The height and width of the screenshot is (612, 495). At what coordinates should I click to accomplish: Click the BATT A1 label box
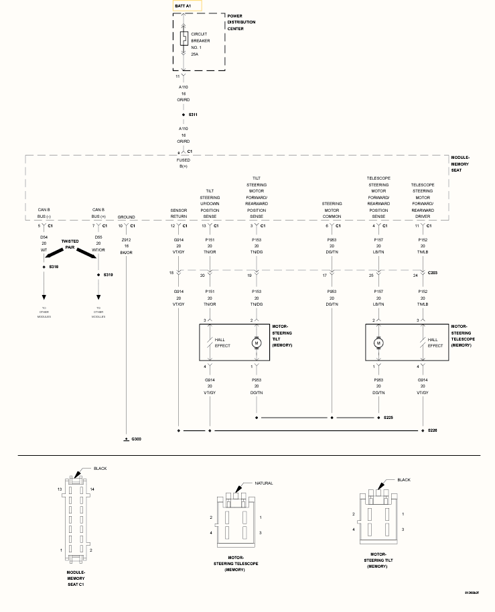(x=187, y=5)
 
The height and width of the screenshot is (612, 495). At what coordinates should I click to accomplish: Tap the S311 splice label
(x=192, y=115)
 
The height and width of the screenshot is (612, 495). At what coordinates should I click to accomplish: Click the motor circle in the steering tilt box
(x=256, y=343)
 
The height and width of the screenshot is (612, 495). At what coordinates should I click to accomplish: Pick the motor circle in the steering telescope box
(x=378, y=343)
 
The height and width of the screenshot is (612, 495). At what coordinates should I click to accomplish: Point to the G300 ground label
(x=137, y=439)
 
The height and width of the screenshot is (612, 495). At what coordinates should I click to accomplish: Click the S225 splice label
(x=388, y=418)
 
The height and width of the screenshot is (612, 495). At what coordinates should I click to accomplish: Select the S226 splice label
(x=433, y=428)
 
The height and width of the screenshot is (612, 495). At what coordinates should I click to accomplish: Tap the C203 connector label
(x=433, y=273)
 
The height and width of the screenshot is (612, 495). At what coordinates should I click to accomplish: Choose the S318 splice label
(x=54, y=266)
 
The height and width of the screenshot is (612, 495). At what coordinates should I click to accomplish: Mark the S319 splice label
(x=109, y=275)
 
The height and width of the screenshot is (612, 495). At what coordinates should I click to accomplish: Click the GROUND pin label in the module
(x=126, y=217)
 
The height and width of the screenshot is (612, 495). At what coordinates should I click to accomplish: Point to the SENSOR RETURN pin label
(x=179, y=214)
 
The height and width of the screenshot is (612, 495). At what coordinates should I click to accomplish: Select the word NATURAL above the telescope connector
(x=263, y=483)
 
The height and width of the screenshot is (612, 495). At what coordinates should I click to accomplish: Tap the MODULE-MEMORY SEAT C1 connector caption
(x=76, y=578)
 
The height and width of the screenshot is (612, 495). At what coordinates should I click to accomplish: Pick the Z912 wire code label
(x=126, y=239)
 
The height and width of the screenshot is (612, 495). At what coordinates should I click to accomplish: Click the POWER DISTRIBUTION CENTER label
(x=241, y=22)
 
